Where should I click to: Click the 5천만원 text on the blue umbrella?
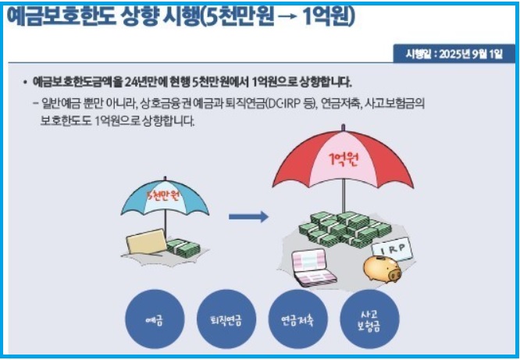coord(164,194)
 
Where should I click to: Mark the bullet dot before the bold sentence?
coord(24,82)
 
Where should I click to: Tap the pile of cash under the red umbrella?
coord(343,226)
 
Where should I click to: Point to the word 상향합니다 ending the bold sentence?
coord(323,82)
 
